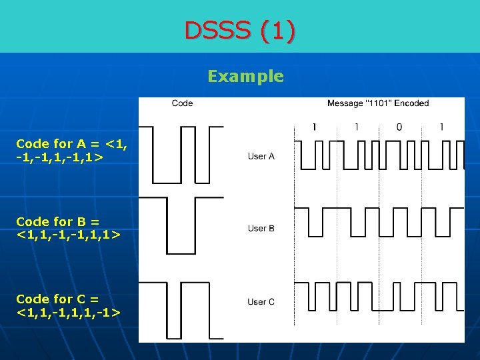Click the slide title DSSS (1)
240,31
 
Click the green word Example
245,76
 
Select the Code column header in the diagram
182,103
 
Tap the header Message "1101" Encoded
378,103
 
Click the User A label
261,157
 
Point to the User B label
261,229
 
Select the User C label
261,302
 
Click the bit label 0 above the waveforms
399,127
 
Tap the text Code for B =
57,221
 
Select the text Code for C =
57,299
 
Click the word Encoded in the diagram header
413,103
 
